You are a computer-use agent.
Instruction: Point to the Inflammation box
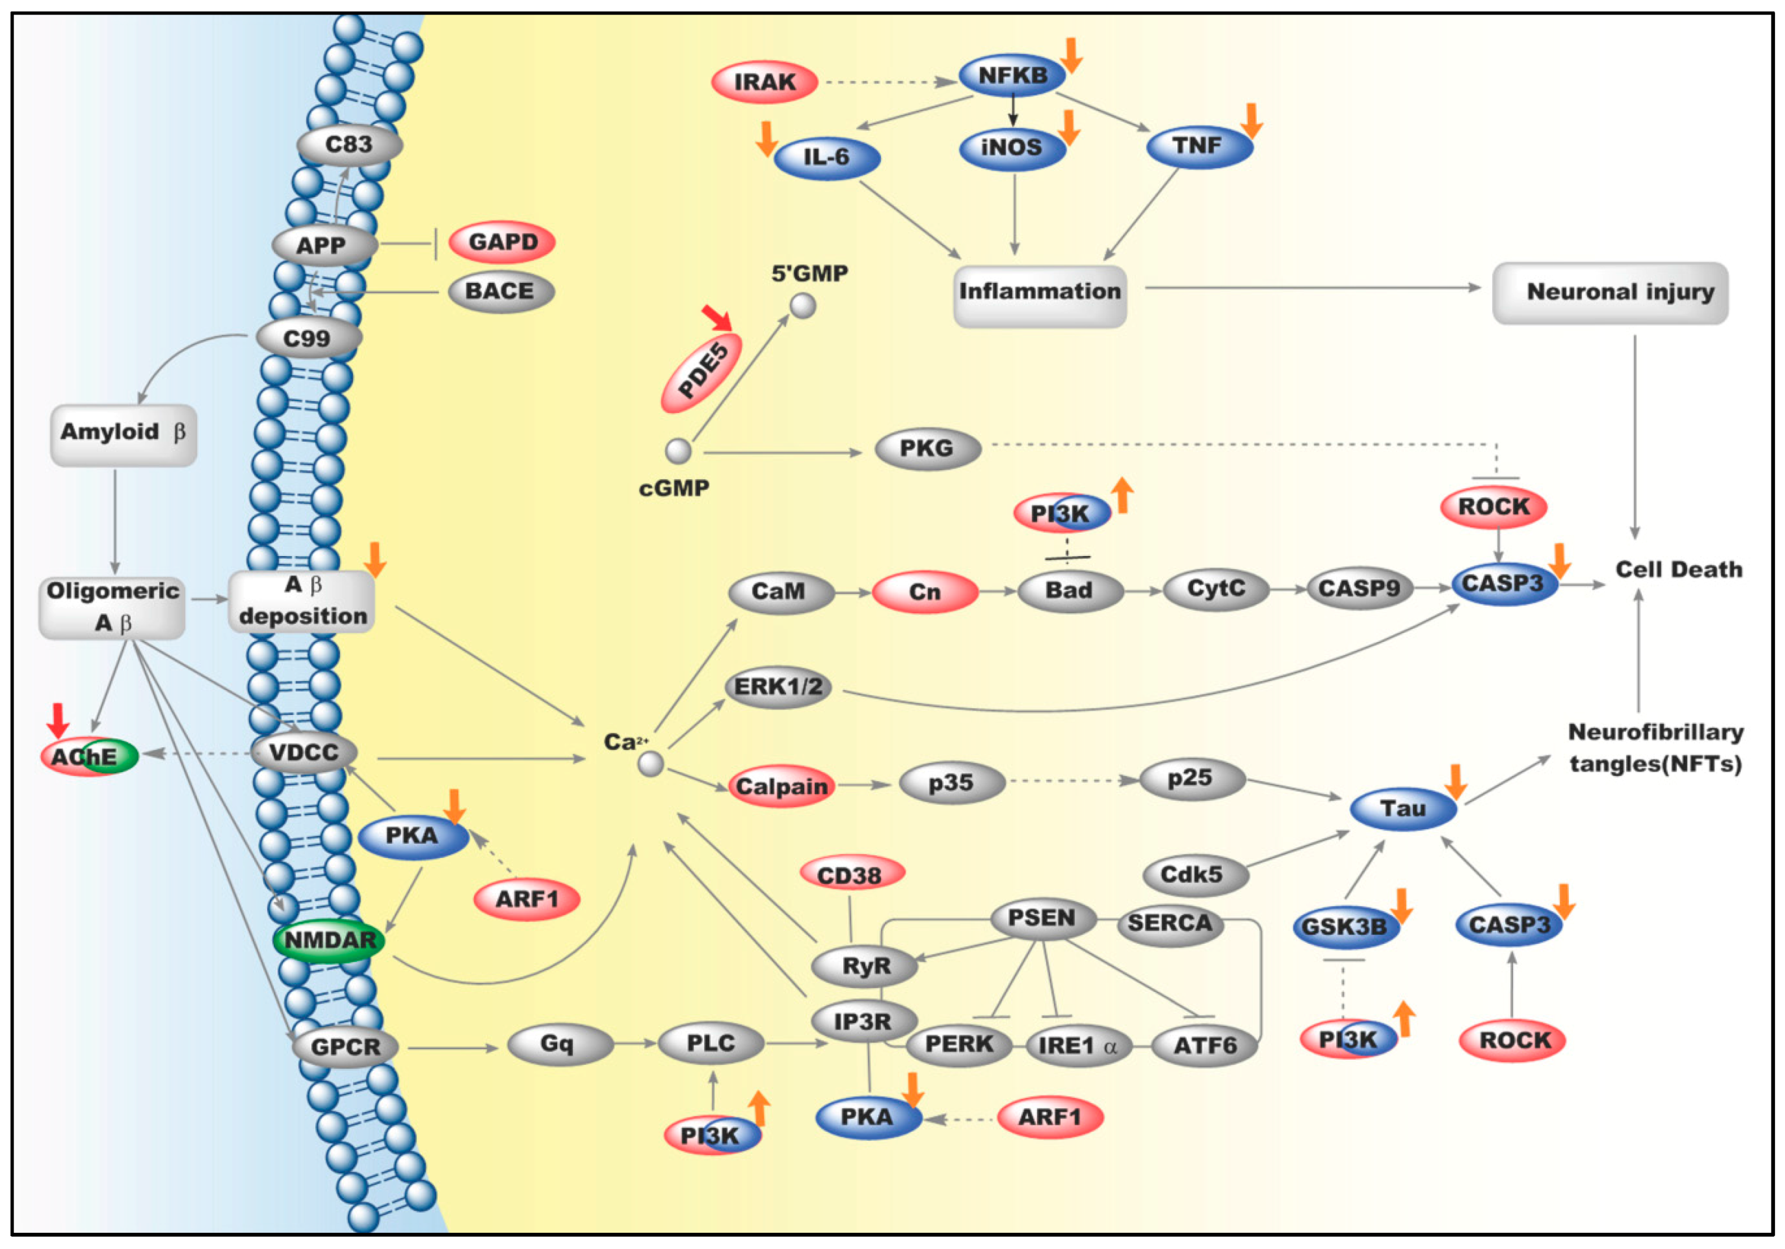(1039, 293)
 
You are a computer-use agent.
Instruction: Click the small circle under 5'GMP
(803, 305)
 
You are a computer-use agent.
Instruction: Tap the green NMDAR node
(329, 940)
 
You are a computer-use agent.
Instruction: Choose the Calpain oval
(781, 787)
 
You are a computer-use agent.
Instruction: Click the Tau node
(1402, 809)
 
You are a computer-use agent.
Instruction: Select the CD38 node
(851, 875)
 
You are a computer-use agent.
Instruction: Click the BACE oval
(500, 291)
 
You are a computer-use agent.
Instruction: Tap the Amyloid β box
(123, 433)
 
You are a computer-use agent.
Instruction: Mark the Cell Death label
(1678, 570)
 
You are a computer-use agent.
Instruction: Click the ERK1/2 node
(777, 687)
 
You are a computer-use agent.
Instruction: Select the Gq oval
(558, 1044)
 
